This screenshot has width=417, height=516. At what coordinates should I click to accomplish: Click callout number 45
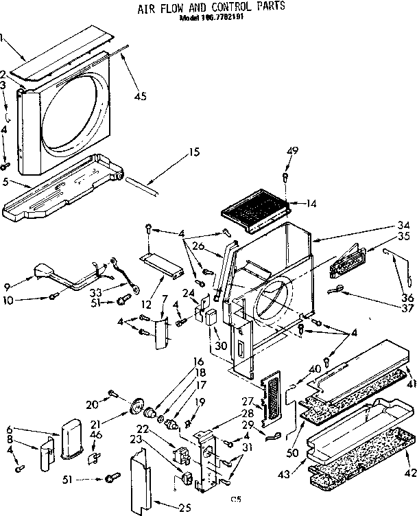pyautogui.click(x=140, y=96)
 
